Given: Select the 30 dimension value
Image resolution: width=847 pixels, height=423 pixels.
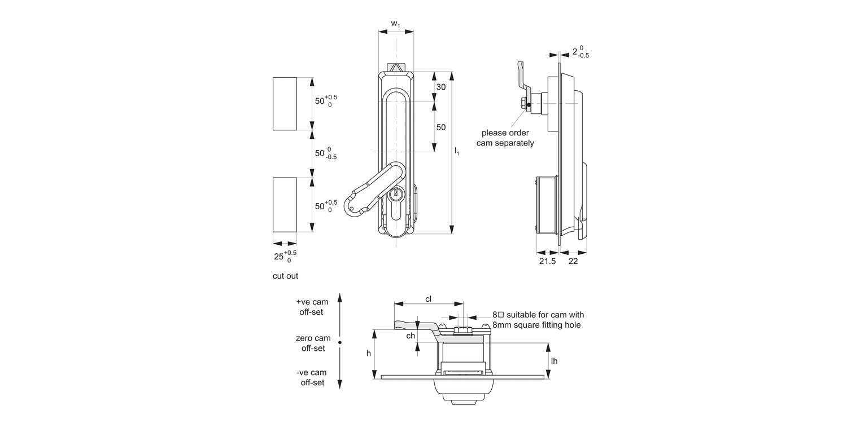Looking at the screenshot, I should tap(441, 87).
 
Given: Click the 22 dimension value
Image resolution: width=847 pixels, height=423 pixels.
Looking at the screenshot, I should tap(572, 262).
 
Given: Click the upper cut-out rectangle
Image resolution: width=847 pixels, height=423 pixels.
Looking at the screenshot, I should tap(285, 104).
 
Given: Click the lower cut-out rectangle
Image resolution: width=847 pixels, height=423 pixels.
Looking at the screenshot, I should tap(285, 204).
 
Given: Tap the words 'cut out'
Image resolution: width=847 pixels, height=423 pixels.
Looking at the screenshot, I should tap(285, 276).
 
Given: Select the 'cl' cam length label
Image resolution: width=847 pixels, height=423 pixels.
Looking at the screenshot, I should tap(428, 299).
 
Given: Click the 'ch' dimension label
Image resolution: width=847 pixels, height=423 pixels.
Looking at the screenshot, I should tap(411, 336).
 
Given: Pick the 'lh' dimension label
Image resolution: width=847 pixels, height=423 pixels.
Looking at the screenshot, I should tap(554, 360).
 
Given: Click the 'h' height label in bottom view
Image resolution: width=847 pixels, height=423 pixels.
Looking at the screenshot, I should tap(368, 354).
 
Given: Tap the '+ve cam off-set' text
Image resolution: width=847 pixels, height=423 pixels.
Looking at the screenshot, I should tap(312, 307).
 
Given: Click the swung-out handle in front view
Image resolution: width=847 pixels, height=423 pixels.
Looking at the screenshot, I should tap(367, 192).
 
